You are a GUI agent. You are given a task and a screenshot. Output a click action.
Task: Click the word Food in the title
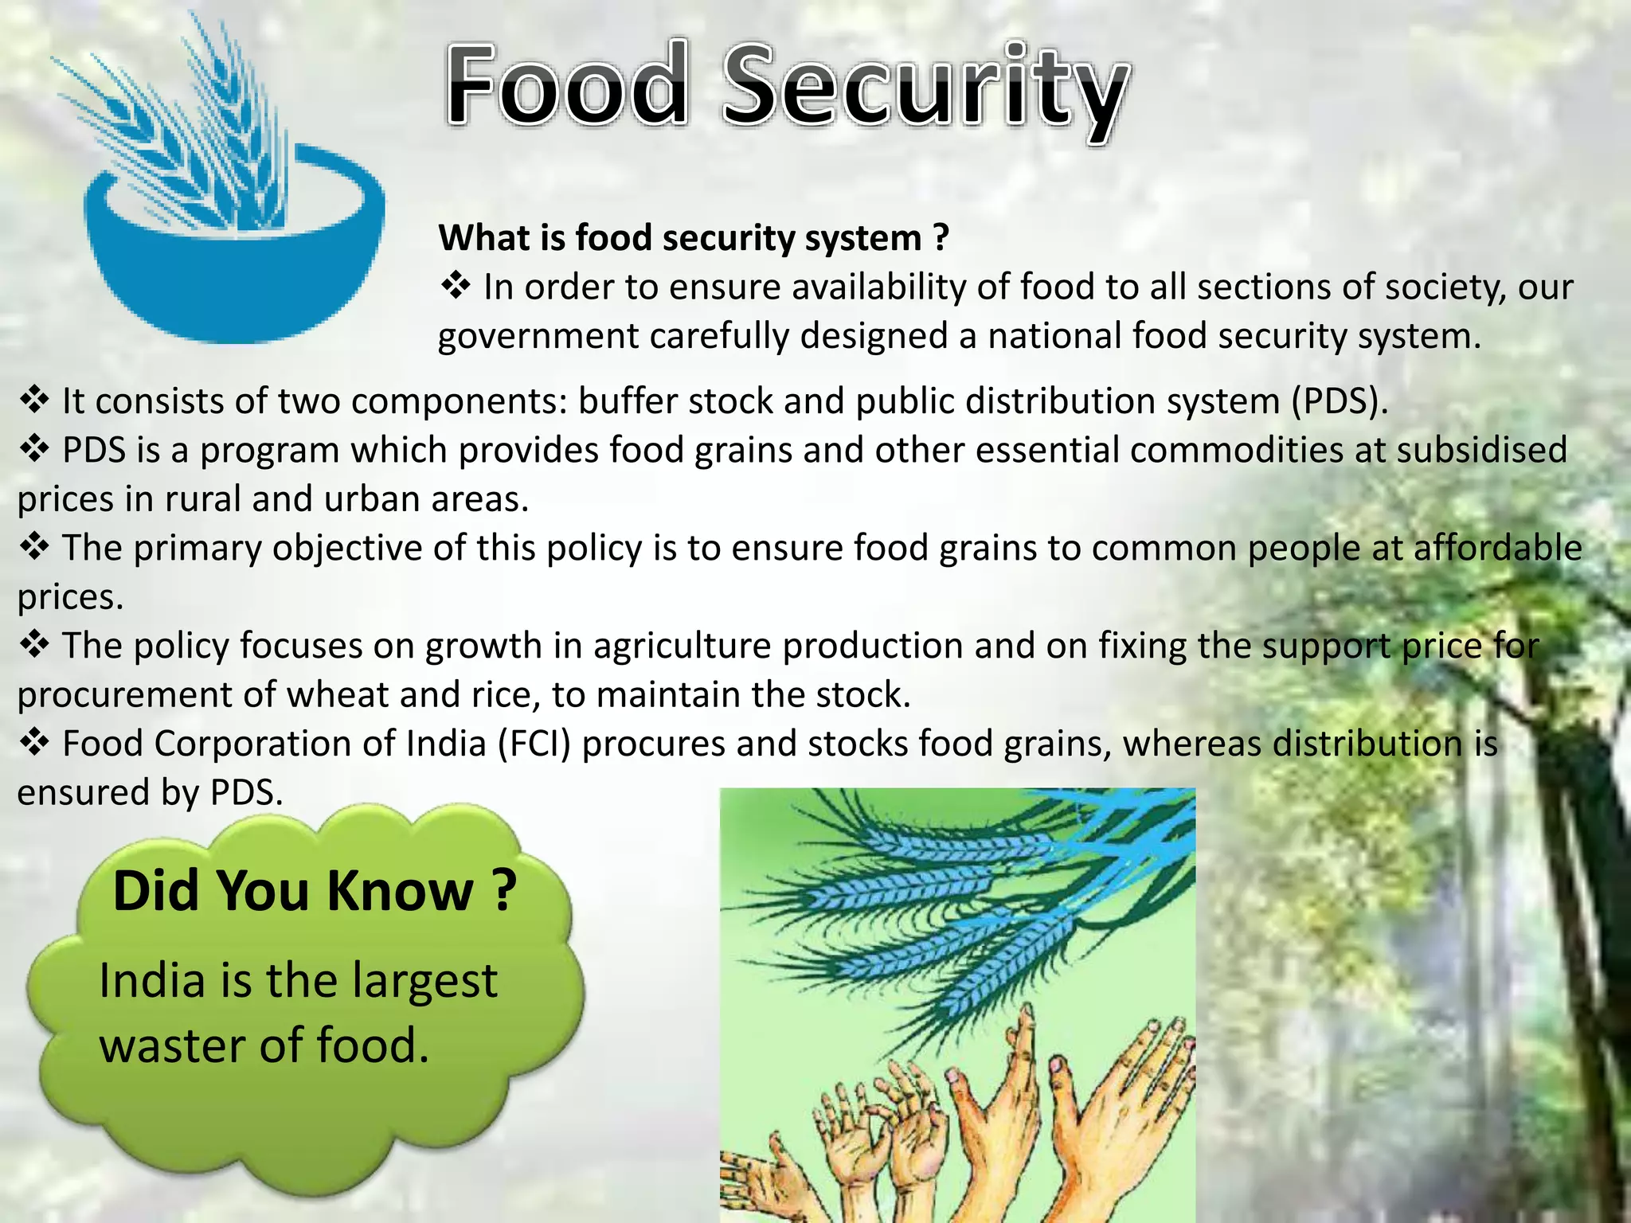pyautogui.click(x=566, y=86)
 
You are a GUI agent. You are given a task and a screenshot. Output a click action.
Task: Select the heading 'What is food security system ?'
pyautogui.click(x=693, y=238)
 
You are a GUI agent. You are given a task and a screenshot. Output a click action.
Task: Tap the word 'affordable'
pyautogui.click(x=1497, y=549)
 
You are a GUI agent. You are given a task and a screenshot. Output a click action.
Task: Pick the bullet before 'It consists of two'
pyautogui.click(x=34, y=401)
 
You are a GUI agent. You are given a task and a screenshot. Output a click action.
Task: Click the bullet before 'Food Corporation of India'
pyautogui.click(x=34, y=744)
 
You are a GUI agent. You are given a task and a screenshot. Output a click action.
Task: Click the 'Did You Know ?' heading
pyautogui.click(x=315, y=891)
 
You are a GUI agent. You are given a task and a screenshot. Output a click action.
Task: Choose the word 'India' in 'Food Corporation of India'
pyautogui.click(x=446, y=744)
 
